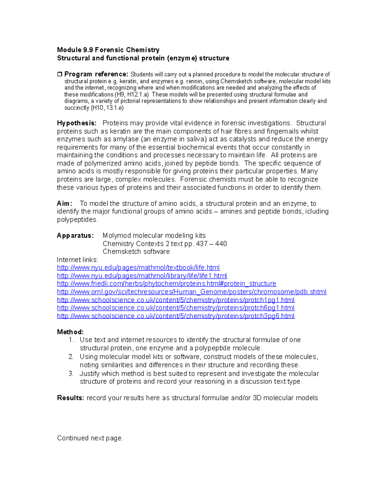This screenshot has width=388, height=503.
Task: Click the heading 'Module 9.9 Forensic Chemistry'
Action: (x=108, y=50)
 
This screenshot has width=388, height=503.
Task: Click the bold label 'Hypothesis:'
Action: (x=77, y=123)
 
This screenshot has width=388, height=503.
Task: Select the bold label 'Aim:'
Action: (x=64, y=203)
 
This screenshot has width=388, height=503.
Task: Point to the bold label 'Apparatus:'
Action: (x=75, y=235)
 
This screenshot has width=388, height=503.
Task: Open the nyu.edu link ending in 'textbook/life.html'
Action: (x=138, y=268)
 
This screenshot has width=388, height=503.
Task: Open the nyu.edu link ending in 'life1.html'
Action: (x=142, y=276)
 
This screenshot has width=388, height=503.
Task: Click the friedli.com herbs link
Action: (x=167, y=284)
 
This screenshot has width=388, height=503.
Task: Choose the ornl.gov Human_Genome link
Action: (x=191, y=292)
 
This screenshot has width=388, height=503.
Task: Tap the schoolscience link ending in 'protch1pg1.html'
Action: (x=176, y=300)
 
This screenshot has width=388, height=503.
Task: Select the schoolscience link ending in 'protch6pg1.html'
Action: (x=176, y=308)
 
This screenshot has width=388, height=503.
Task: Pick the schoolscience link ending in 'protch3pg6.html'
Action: (x=176, y=316)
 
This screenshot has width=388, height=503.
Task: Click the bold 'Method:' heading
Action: (x=70, y=332)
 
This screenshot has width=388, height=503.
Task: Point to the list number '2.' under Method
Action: (x=71, y=357)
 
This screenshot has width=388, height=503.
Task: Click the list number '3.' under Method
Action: (x=71, y=373)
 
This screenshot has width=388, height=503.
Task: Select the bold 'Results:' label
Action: (x=70, y=398)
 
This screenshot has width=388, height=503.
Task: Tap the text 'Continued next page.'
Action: (x=90, y=438)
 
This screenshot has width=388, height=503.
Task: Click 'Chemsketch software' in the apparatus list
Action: (x=136, y=252)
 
